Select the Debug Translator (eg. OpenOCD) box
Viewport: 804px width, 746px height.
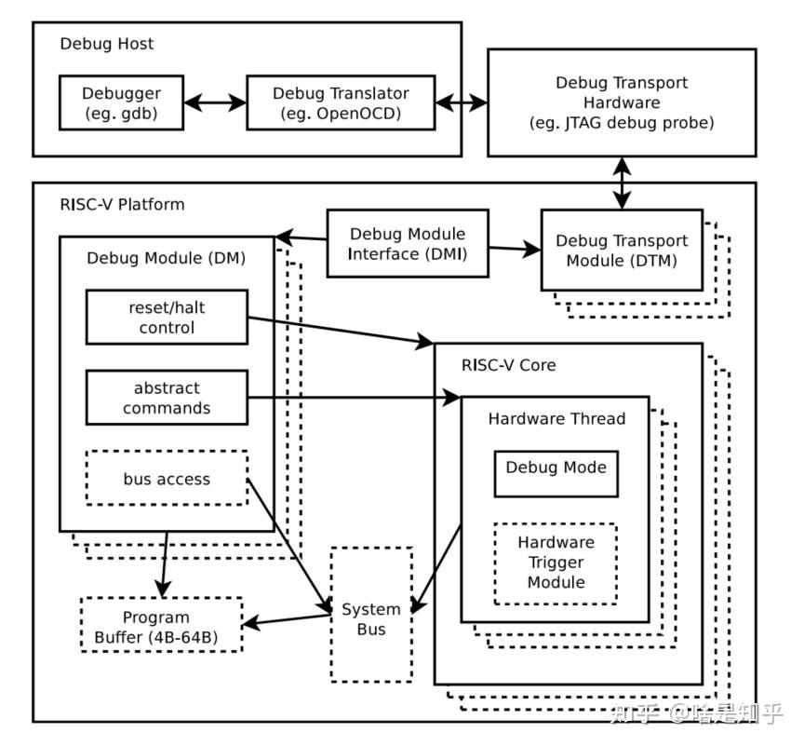coord(341,102)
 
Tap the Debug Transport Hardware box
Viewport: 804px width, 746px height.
coord(621,102)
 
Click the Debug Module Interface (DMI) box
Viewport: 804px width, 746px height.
coord(408,243)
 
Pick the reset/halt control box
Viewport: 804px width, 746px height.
coord(167,317)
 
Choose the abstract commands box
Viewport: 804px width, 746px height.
coord(167,398)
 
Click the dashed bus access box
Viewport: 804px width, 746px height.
coord(167,479)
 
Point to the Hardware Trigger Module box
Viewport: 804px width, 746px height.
coord(556,563)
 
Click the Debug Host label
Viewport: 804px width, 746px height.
coord(107,44)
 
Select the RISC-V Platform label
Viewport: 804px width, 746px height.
coord(122,204)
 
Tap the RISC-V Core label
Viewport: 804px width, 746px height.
coord(508,364)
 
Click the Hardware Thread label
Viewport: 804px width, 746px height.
coord(556,419)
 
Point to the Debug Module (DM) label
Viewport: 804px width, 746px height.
coord(166,258)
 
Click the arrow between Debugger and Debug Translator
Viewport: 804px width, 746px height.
coord(216,102)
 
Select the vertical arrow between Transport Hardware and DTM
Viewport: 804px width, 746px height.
coord(621,183)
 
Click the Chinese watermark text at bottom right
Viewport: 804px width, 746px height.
coord(695,713)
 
